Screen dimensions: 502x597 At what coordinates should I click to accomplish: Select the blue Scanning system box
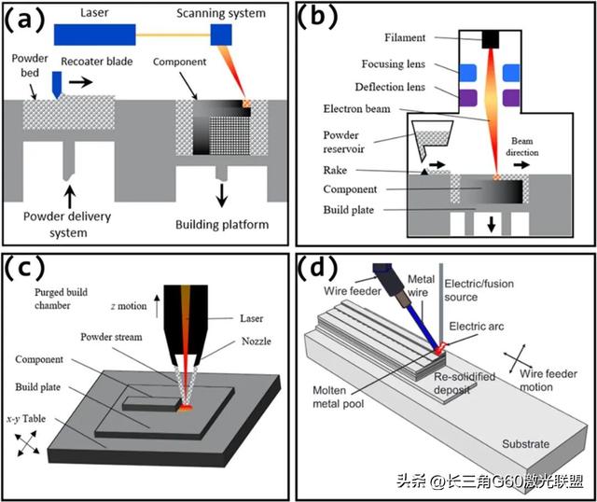click(x=221, y=35)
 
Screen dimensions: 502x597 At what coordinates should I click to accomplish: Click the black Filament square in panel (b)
click(x=492, y=39)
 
